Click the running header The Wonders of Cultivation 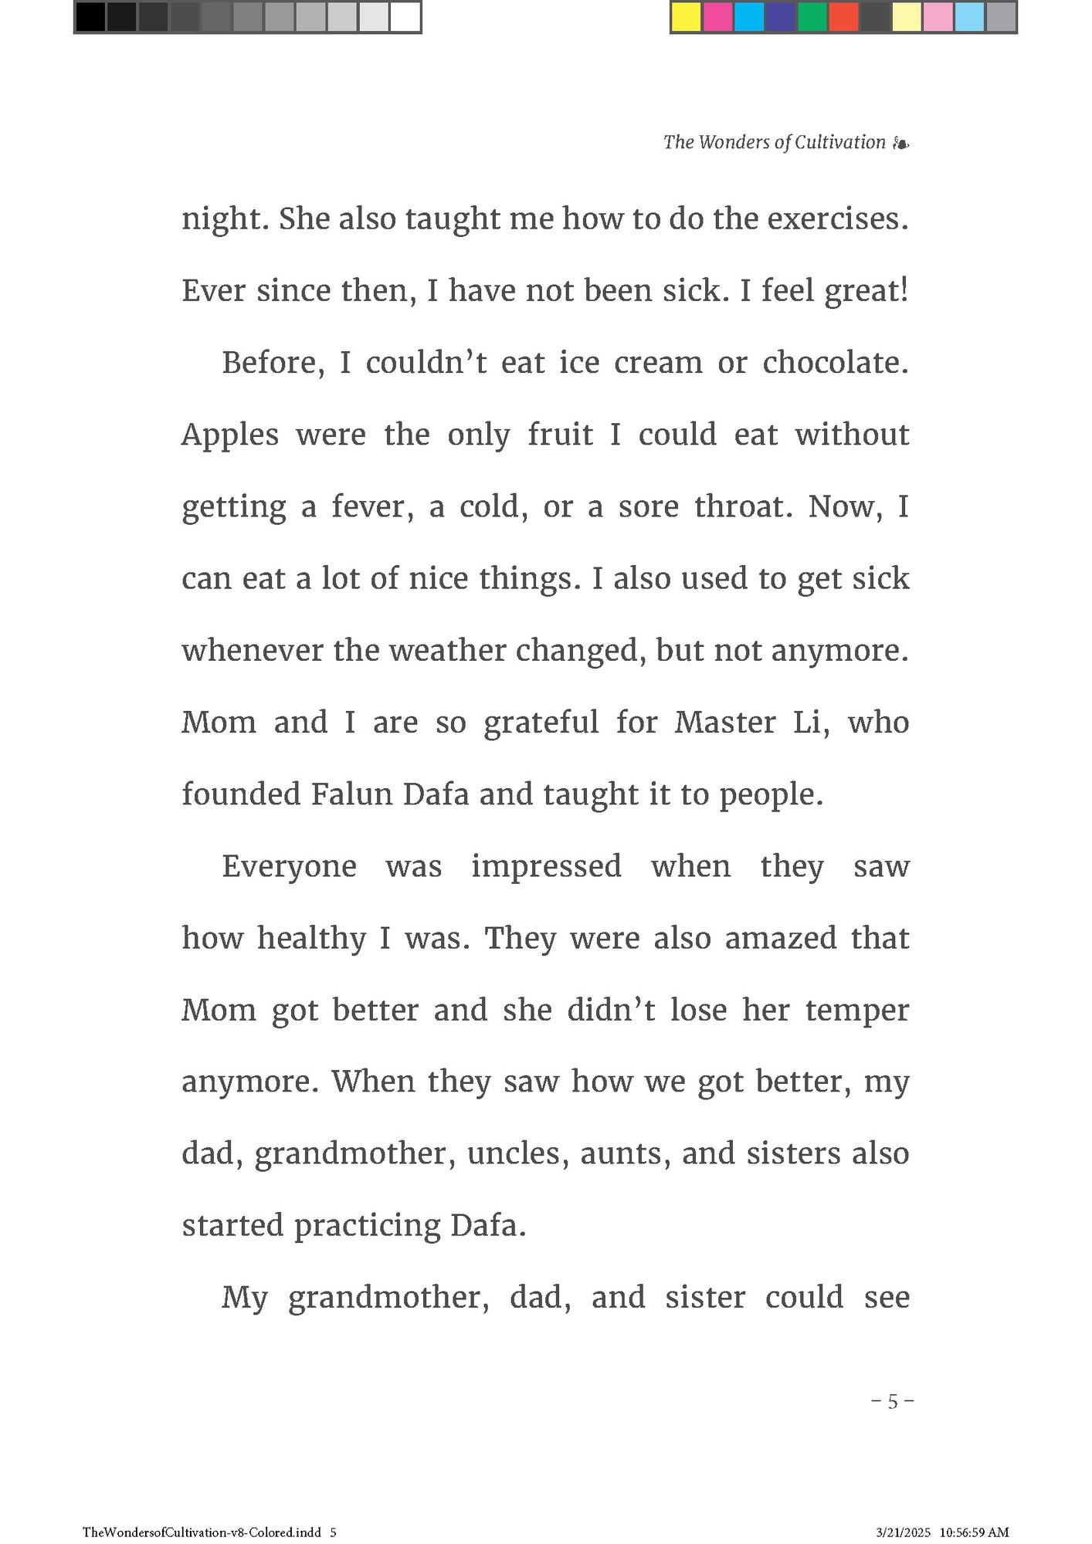pos(774,142)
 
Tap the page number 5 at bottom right pos(893,1401)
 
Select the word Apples pos(229,435)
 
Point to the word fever pos(372,507)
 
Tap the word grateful pos(541,723)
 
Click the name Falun pos(352,794)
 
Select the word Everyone pos(289,866)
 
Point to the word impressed pos(546,866)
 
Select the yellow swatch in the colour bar pos(686,17)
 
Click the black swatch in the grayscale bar pos(90,17)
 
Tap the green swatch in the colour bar pos(811,17)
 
